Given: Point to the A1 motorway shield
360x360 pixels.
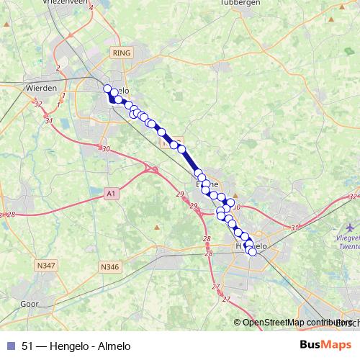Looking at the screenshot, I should pyautogui.click(x=110, y=193).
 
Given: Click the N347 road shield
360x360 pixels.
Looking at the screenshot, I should pyautogui.click(x=44, y=266).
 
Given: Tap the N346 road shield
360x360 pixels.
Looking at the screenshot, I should pyautogui.click(x=109, y=267).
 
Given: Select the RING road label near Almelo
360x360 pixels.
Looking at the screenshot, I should pyautogui.click(x=119, y=53).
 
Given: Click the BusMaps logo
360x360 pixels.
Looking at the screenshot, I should pyautogui.click(x=325, y=345).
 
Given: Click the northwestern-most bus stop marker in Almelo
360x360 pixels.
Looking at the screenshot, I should pyautogui.click(x=108, y=89).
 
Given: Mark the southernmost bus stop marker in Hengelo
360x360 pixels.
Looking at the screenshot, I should pyautogui.click(x=252, y=252).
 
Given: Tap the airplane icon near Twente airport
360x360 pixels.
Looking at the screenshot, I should pyautogui.click(x=341, y=235).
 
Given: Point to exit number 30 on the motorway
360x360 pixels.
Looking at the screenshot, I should pyautogui.click(x=107, y=149).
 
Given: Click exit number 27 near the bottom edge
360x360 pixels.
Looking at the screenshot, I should pyautogui.click(x=216, y=287).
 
